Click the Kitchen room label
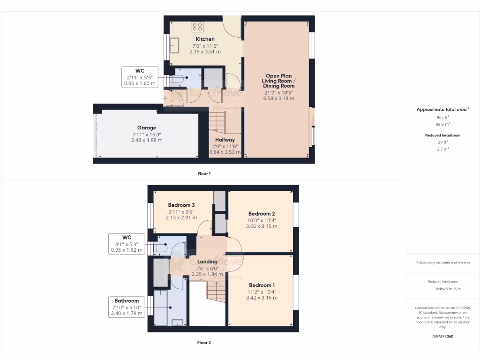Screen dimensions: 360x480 click(x=205, y=39)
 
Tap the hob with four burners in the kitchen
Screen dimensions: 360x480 click(x=197, y=27)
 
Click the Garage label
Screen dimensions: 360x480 click(x=147, y=127)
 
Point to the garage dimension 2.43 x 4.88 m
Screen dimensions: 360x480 click(x=147, y=140)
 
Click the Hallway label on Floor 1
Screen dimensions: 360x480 click(x=225, y=140)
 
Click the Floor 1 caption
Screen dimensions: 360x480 click(x=204, y=174)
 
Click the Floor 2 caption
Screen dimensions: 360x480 click(x=204, y=343)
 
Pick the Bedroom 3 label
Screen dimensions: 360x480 click(x=181, y=205)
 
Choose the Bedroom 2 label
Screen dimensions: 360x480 click(x=262, y=214)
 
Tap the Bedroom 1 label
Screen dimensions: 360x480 click(x=262, y=285)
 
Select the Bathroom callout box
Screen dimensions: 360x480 click(x=127, y=307)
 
